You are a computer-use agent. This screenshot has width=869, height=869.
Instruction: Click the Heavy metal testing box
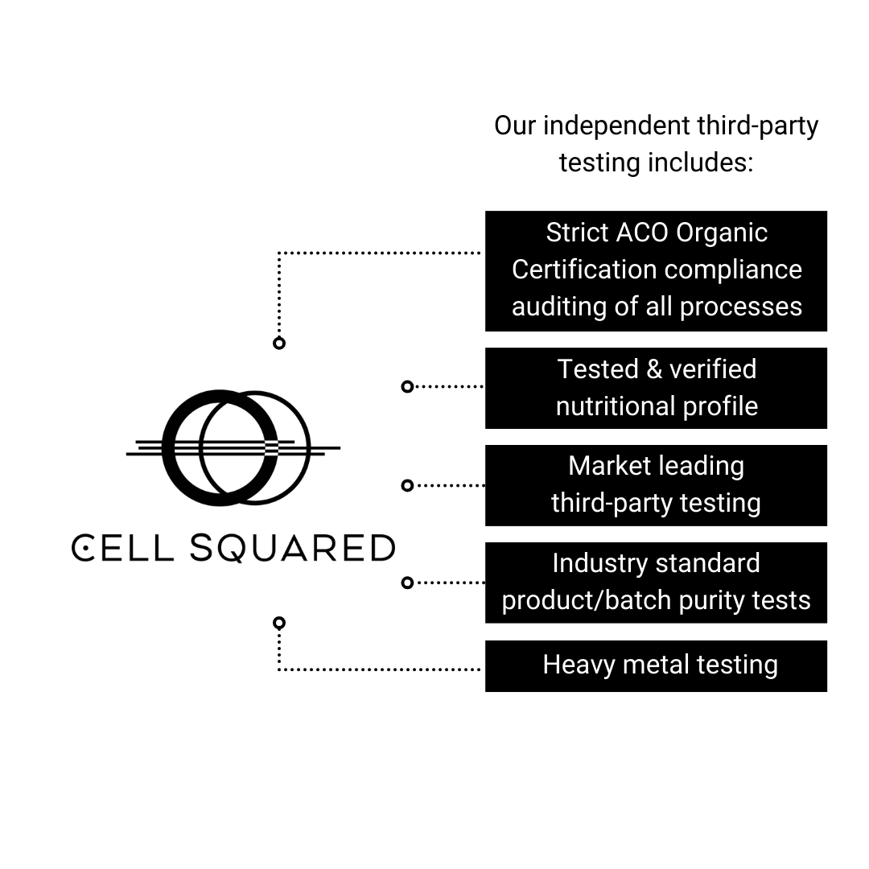click(x=656, y=665)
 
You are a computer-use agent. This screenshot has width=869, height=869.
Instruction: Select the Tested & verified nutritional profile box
click(x=656, y=388)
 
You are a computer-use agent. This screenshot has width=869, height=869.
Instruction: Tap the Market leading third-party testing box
click(x=656, y=485)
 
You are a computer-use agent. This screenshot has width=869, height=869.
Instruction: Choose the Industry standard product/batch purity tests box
click(x=656, y=583)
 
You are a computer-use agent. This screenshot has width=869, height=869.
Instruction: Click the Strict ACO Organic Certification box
click(x=656, y=270)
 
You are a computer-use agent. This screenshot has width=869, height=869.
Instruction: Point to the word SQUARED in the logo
click(x=293, y=548)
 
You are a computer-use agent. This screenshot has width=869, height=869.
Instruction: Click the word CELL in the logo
click(x=122, y=548)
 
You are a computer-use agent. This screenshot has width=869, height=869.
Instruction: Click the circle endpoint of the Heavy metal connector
click(x=279, y=623)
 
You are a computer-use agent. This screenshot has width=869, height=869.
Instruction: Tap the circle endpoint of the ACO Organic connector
click(x=279, y=344)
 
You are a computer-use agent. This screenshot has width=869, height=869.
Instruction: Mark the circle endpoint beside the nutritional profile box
click(x=407, y=387)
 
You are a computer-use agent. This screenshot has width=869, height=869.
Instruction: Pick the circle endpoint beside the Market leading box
click(x=407, y=485)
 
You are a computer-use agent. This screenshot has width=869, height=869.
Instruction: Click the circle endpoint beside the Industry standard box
click(x=407, y=583)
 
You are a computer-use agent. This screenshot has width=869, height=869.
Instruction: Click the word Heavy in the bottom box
click(x=573, y=665)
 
